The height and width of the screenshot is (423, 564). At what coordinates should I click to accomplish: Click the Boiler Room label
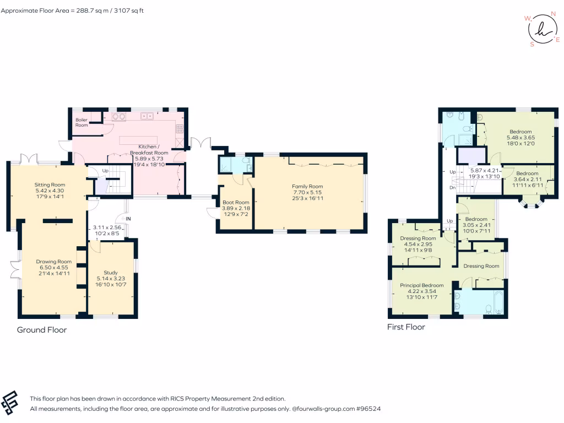point(82,122)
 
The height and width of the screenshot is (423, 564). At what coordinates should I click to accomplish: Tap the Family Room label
point(307,186)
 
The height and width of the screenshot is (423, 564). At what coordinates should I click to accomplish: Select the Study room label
point(111,273)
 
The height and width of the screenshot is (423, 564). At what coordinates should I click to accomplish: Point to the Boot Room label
point(236,202)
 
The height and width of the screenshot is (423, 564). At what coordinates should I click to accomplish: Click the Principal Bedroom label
point(421,285)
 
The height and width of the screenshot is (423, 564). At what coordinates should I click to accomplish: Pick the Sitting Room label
point(50,185)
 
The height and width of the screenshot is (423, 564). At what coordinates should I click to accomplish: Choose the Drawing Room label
point(53,262)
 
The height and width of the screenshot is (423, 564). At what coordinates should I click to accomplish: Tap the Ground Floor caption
point(42,330)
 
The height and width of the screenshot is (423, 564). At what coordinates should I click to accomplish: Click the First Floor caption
point(406,327)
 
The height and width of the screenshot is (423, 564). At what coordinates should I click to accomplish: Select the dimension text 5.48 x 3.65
point(520,137)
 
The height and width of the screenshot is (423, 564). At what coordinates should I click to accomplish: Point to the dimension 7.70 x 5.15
point(307,192)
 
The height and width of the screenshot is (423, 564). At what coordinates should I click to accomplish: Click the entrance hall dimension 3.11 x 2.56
point(107,227)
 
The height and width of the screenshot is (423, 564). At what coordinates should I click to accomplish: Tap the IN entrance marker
point(128,219)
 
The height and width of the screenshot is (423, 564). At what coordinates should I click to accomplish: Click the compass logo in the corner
point(542,30)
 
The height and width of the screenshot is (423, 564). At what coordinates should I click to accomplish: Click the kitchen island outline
point(138,140)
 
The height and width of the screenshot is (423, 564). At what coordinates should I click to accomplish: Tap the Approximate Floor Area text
point(72,10)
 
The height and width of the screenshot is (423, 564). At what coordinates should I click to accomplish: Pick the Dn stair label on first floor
point(452,187)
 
